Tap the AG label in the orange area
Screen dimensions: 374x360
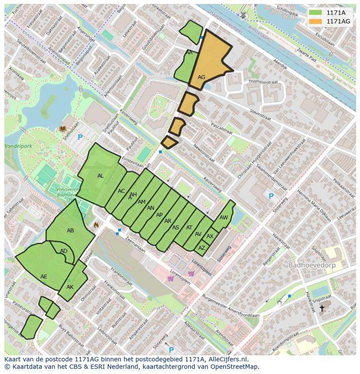coord(201,77)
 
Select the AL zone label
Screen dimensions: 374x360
coord(100,176)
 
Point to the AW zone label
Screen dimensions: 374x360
coord(223,218)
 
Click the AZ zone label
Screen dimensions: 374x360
coord(201,248)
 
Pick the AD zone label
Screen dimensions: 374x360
coord(63,251)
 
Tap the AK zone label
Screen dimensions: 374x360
coord(70,287)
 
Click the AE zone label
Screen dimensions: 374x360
coord(43,277)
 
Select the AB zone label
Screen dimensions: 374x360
coord(70,231)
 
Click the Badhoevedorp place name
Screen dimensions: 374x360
coord(310,265)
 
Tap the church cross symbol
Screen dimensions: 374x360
coord(322,308)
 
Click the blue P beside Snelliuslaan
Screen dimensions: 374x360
coord(80,138)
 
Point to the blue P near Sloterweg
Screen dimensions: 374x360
coord(271,196)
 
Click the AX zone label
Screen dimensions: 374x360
coord(210,236)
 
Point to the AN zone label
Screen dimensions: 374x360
coord(150,208)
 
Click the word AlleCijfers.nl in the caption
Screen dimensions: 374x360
coord(227,359)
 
